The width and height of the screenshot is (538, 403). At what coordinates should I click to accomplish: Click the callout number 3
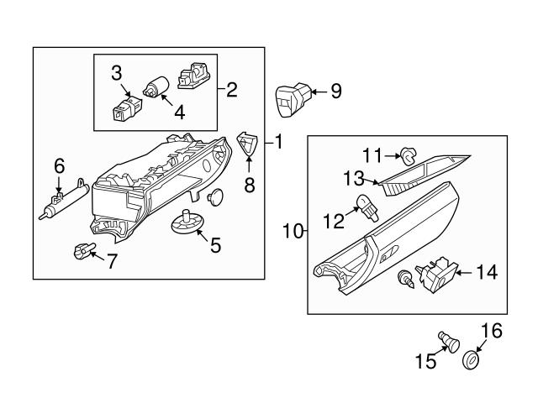118,72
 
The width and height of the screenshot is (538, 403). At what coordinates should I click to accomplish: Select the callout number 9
336,91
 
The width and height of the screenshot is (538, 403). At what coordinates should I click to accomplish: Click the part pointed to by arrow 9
290,99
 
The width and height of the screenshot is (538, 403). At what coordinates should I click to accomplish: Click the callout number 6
59,166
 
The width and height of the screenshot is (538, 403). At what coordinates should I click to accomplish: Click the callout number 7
112,260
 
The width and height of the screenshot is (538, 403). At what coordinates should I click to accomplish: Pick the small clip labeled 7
82,250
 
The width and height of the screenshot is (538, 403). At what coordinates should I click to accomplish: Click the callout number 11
372,154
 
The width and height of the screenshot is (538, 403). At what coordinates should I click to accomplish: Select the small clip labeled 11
409,154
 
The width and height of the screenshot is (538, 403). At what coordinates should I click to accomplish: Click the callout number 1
278,143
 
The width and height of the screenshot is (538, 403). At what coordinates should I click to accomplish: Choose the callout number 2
232,88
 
